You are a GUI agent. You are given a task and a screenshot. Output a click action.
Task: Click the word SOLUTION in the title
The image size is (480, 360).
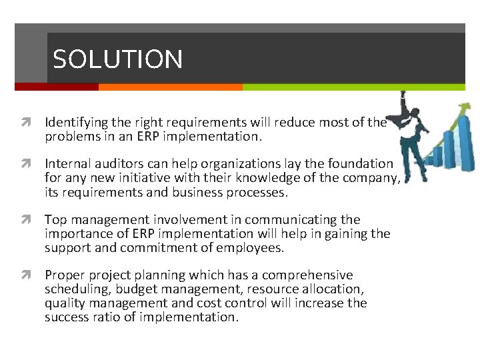click(x=117, y=60)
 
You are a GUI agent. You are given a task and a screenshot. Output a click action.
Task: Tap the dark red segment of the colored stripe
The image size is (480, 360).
click(x=56, y=87)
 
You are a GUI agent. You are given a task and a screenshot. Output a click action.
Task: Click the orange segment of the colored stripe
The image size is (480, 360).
click(x=170, y=87)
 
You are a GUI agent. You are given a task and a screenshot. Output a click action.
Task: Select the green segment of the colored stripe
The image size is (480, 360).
click(x=353, y=87)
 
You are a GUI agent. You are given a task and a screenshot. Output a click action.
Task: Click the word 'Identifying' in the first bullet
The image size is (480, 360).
click(x=75, y=123)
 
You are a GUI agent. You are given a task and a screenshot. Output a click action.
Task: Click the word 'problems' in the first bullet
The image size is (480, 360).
click(x=69, y=137)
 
